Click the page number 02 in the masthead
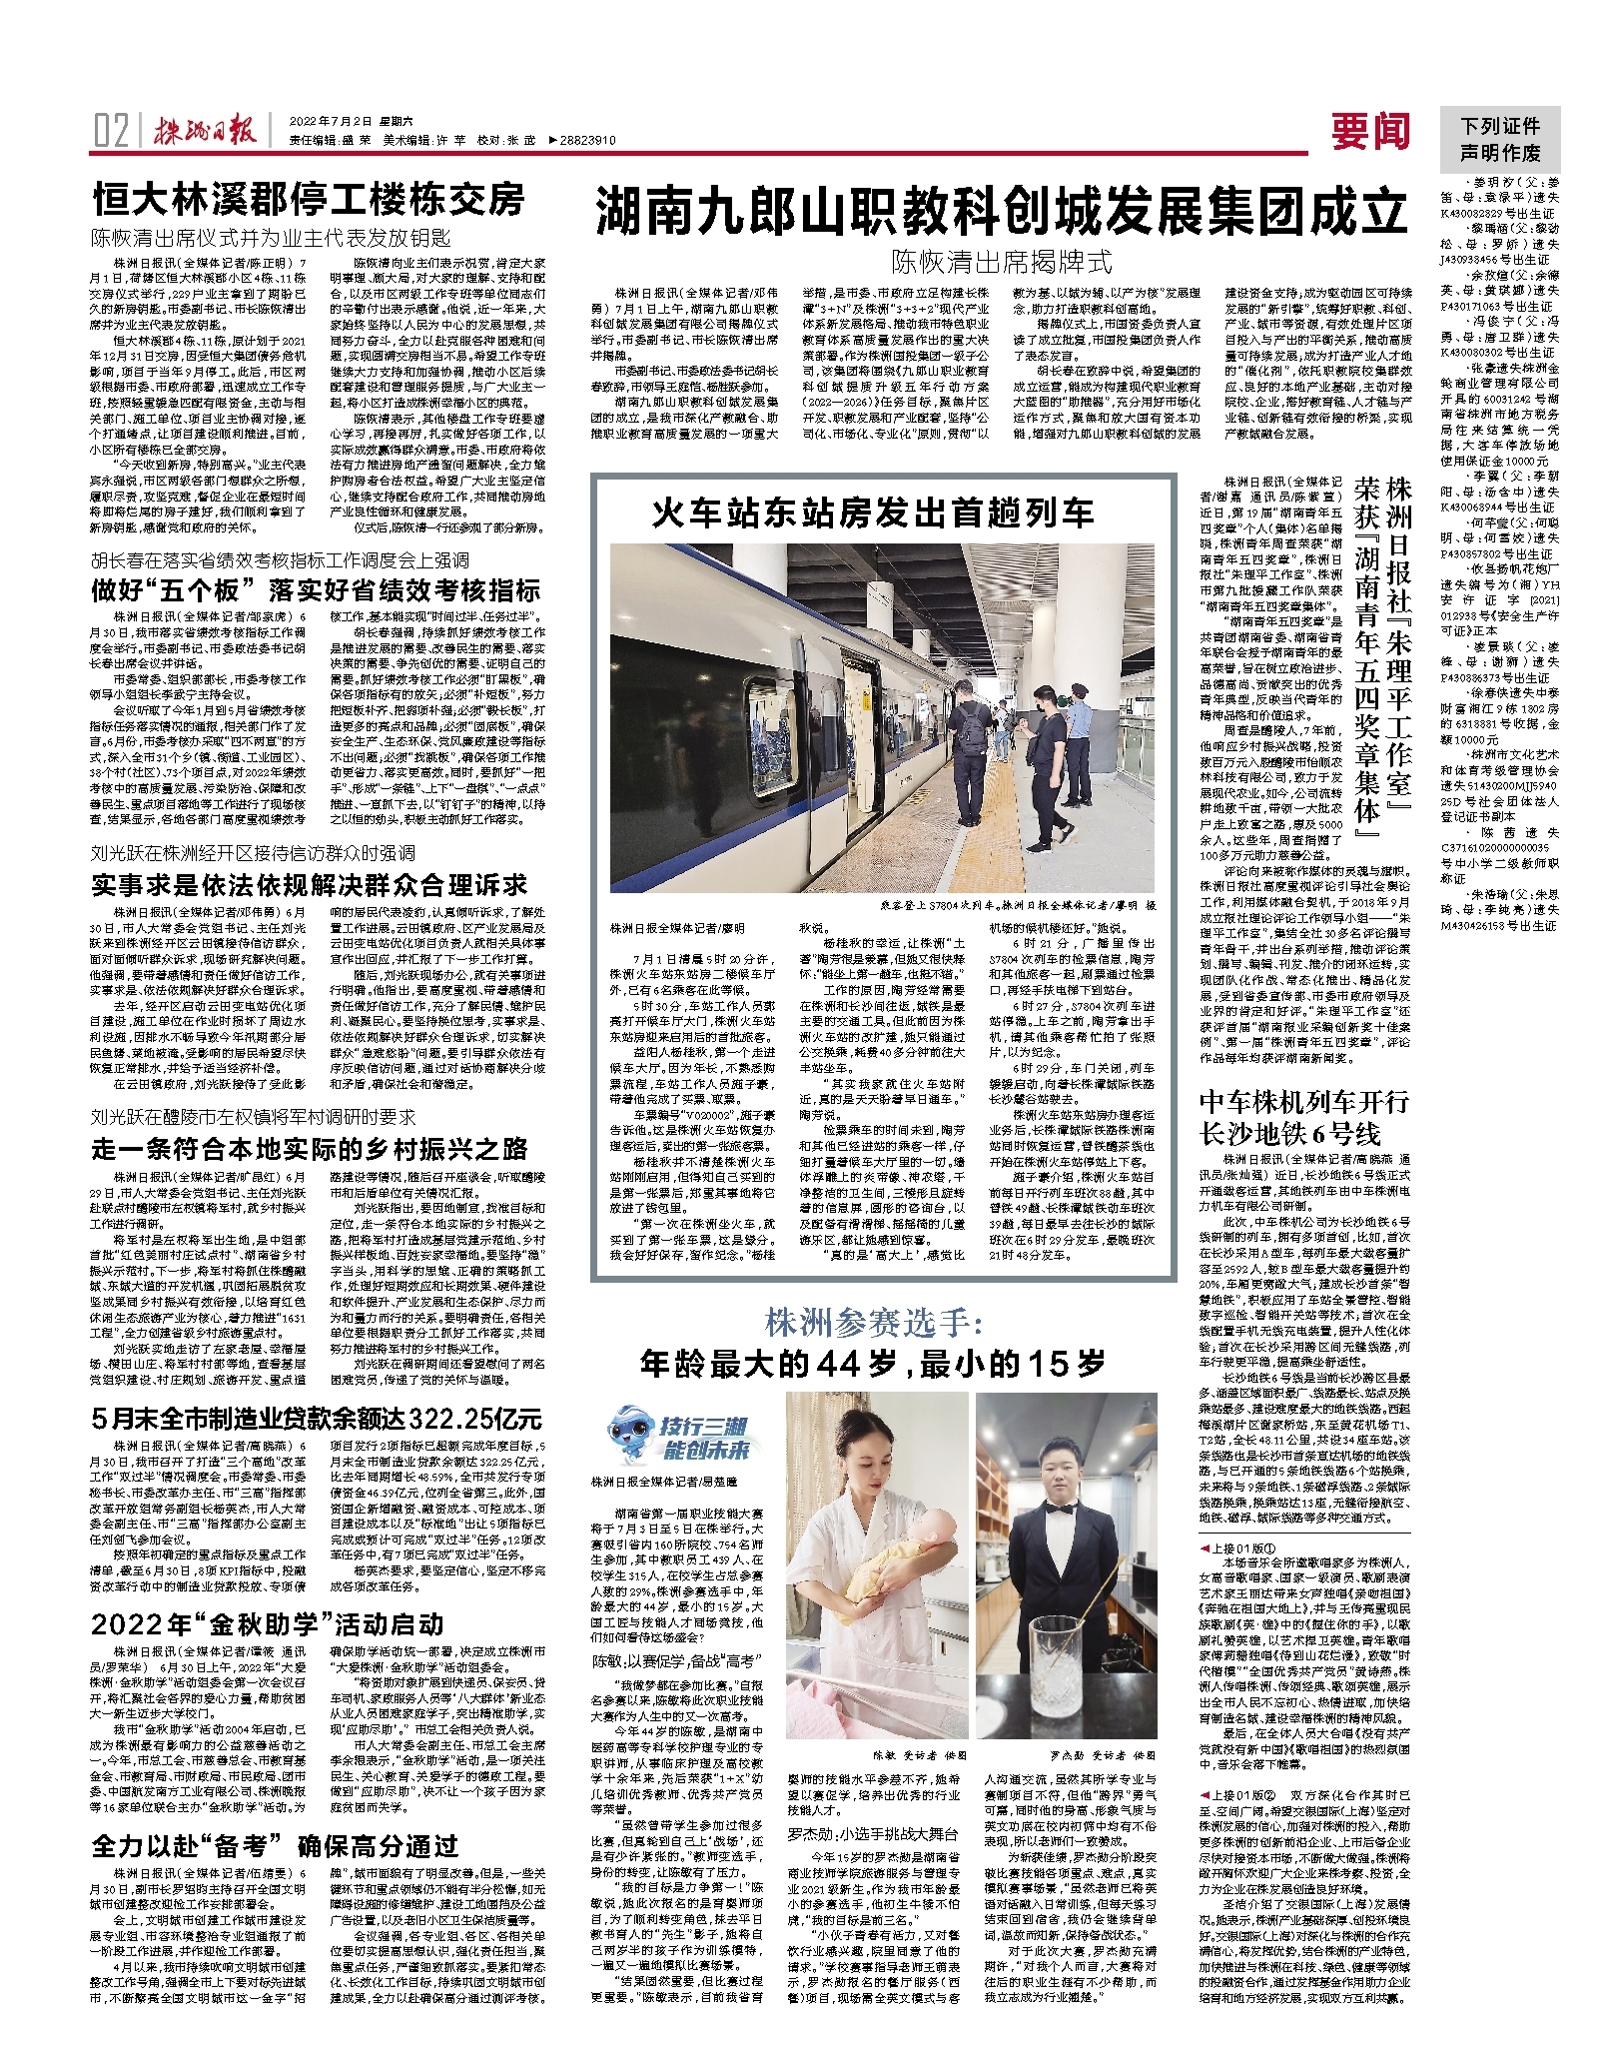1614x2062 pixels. click(x=111, y=131)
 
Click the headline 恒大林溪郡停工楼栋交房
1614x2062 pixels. click(x=309, y=200)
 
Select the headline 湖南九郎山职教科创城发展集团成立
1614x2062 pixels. click(x=1001, y=212)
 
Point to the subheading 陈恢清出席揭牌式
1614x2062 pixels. click(x=1001, y=263)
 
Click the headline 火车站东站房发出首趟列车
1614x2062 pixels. click(x=873, y=514)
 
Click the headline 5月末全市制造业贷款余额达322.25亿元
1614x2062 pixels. click(x=317, y=1420)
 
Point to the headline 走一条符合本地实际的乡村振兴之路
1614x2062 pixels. click(x=310, y=1149)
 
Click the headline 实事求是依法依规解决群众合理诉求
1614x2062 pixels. click(x=310, y=885)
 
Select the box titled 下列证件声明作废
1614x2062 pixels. click(x=1499, y=140)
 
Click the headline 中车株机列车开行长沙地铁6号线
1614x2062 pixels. click(x=1303, y=1118)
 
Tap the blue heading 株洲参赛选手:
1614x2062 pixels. click(x=873, y=1323)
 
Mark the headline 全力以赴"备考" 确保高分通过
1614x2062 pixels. click(x=275, y=1846)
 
